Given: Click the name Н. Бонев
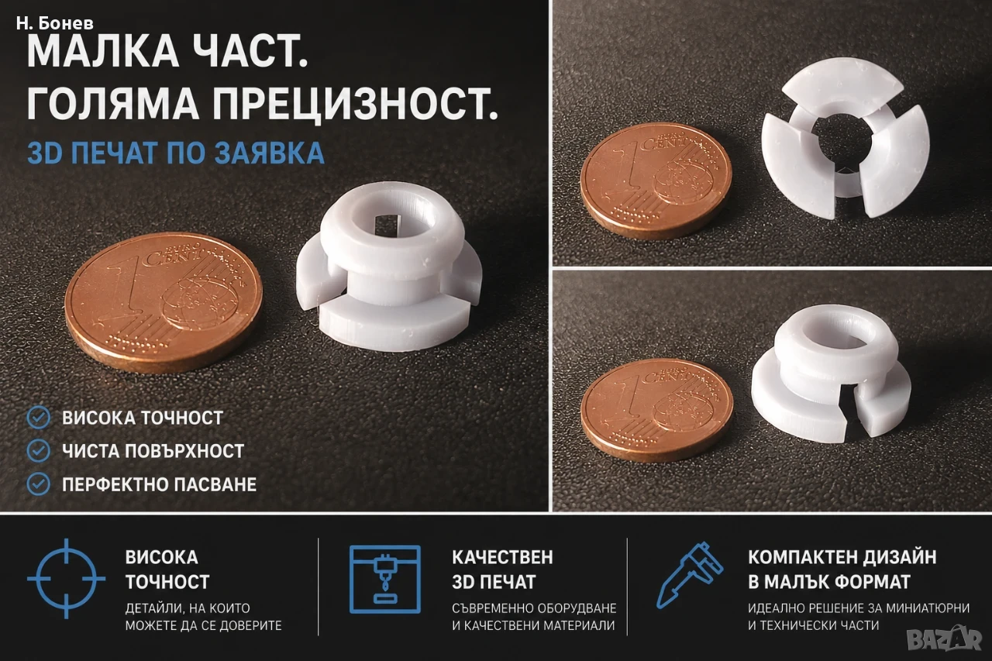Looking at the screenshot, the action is click(x=54, y=23).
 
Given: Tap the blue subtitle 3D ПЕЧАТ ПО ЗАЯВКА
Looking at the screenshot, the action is click(x=176, y=153).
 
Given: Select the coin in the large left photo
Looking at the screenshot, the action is click(x=164, y=301).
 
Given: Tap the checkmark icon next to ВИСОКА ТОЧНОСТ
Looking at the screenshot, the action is click(x=39, y=418).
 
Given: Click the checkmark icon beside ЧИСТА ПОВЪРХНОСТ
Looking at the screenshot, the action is click(x=39, y=451).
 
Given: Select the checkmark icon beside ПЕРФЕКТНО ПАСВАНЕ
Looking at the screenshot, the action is click(x=39, y=484).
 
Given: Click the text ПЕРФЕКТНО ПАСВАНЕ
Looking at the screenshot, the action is click(x=160, y=484).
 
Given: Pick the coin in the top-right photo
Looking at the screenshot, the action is click(x=656, y=181).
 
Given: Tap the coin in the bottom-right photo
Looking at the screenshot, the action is click(x=657, y=410).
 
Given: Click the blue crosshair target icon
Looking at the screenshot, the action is click(x=67, y=579).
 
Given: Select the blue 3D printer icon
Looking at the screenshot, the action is click(x=385, y=580).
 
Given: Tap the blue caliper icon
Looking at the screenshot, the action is click(x=689, y=575).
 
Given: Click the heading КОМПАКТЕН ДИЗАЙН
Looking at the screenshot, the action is click(x=842, y=557).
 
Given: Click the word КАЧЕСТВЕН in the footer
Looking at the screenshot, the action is click(x=503, y=557).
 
